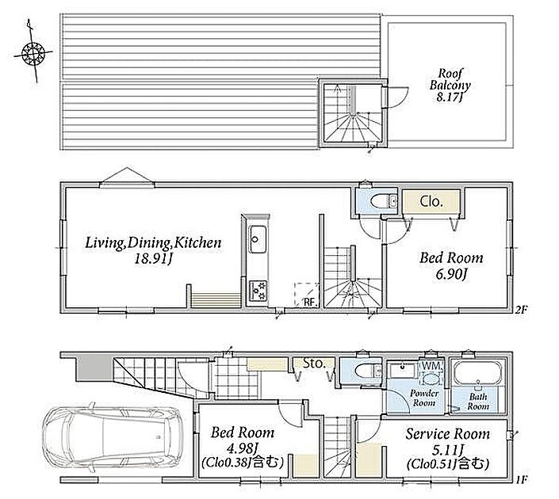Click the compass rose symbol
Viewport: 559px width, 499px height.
33,53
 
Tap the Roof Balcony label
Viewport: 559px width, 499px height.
450,79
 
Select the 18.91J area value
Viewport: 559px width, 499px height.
153,259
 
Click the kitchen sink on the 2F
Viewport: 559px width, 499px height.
255,239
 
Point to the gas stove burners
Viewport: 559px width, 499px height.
258,290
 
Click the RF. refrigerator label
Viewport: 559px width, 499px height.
311,302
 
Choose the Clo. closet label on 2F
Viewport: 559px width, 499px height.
431,202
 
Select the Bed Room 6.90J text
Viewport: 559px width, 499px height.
451,265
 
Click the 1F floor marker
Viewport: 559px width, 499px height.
521,479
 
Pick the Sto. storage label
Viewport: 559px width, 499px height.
314,364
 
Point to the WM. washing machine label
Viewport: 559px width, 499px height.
432,365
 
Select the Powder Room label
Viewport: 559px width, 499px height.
423,398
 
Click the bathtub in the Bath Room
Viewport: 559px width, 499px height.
477,373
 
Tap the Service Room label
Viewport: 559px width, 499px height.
447,434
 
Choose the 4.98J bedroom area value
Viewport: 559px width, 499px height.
243,448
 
